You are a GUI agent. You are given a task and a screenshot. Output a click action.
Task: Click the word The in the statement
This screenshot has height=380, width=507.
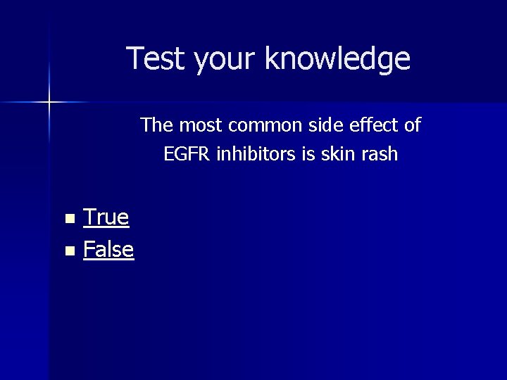point(156,125)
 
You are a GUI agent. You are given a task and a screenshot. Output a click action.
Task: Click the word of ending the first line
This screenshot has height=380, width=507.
point(411,125)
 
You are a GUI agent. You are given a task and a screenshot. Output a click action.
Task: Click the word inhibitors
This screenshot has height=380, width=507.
point(256,153)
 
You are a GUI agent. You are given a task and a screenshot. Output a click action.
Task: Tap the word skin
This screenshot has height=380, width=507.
point(337,153)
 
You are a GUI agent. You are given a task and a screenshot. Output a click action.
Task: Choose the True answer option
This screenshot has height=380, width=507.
point(106,217)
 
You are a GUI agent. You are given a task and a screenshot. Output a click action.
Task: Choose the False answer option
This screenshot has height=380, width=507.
point(108,248)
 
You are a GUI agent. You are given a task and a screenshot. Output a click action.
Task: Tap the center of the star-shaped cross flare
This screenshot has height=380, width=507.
point(49,103)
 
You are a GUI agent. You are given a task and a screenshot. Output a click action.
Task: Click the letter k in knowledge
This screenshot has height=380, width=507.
point(271,58)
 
